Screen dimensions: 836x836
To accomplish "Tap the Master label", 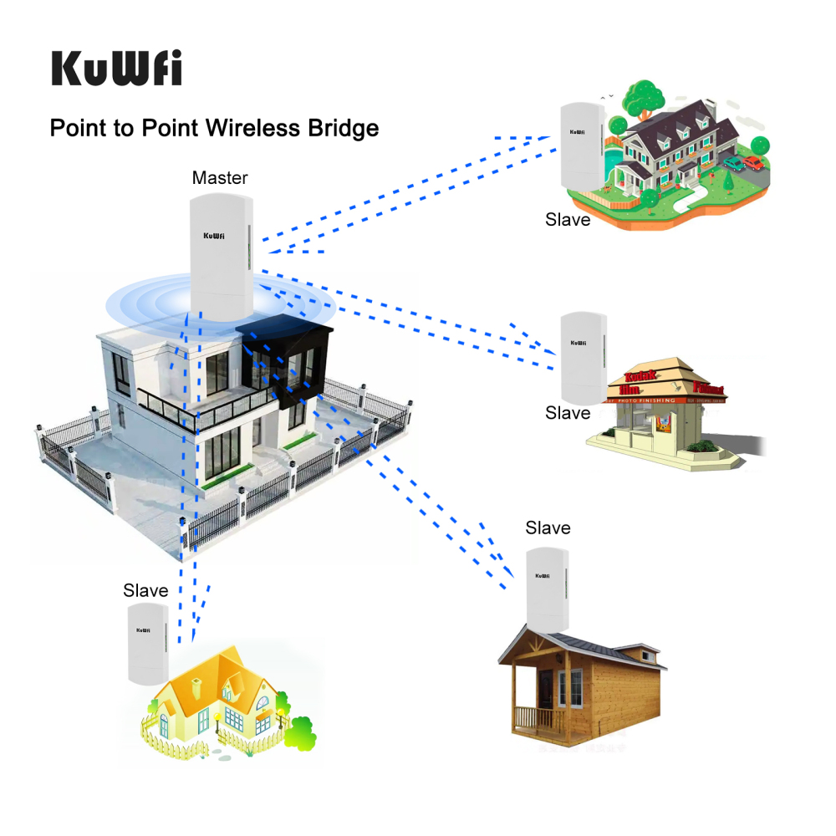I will click(220, 177).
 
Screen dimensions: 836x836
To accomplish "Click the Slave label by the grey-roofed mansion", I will click(568, 220).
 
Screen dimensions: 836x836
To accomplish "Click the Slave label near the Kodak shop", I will click(568, 413).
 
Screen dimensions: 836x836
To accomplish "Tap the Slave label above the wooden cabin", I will click(548, 528).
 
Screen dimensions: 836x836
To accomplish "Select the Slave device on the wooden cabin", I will click(548, 589).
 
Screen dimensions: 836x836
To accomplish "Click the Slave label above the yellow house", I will click(145, 590).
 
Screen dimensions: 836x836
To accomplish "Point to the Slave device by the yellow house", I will click(148, 641).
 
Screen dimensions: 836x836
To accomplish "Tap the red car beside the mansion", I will click(754, 163).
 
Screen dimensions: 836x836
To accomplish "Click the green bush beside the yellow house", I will click(301, 733).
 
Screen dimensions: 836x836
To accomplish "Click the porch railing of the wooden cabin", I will click(535, 717).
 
